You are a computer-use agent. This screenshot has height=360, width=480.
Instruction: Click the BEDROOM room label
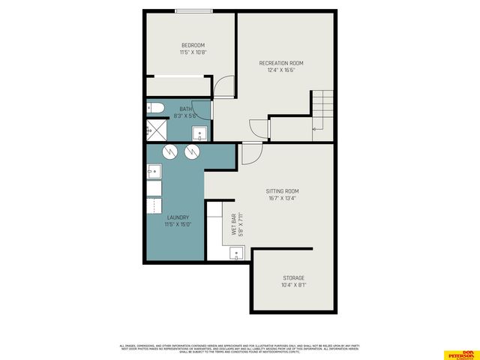tap(193, 43)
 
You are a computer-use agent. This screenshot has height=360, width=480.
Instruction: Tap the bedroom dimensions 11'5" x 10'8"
tap(193, 52)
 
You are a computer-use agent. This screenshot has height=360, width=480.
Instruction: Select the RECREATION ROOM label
tap(281, 63)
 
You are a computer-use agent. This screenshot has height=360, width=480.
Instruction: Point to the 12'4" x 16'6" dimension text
tap(281, 71)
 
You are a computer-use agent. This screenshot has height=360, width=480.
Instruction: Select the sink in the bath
tap(200, 133)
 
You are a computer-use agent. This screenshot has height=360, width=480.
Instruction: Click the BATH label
tap(185, 109)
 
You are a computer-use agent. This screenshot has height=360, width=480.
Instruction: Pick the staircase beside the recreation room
tap(322, 112)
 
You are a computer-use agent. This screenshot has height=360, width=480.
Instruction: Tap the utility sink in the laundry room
tap(153, 172)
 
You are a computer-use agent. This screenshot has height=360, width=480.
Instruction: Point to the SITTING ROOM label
tap(282, 191)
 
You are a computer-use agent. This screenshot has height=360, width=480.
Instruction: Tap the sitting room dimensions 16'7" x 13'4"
tap(282, 199)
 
